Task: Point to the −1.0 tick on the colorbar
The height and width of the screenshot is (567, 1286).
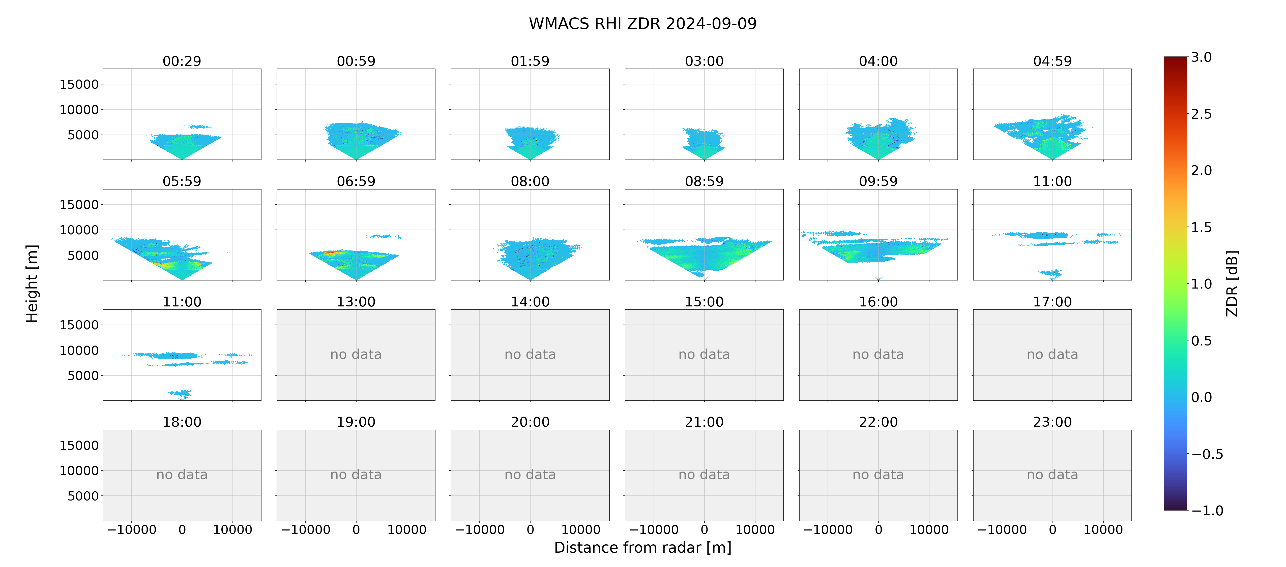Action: pos(1207,511)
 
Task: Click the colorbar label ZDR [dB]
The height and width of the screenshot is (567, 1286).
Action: pos(1232,283)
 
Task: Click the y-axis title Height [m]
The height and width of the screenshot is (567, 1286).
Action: pos(32,283)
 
